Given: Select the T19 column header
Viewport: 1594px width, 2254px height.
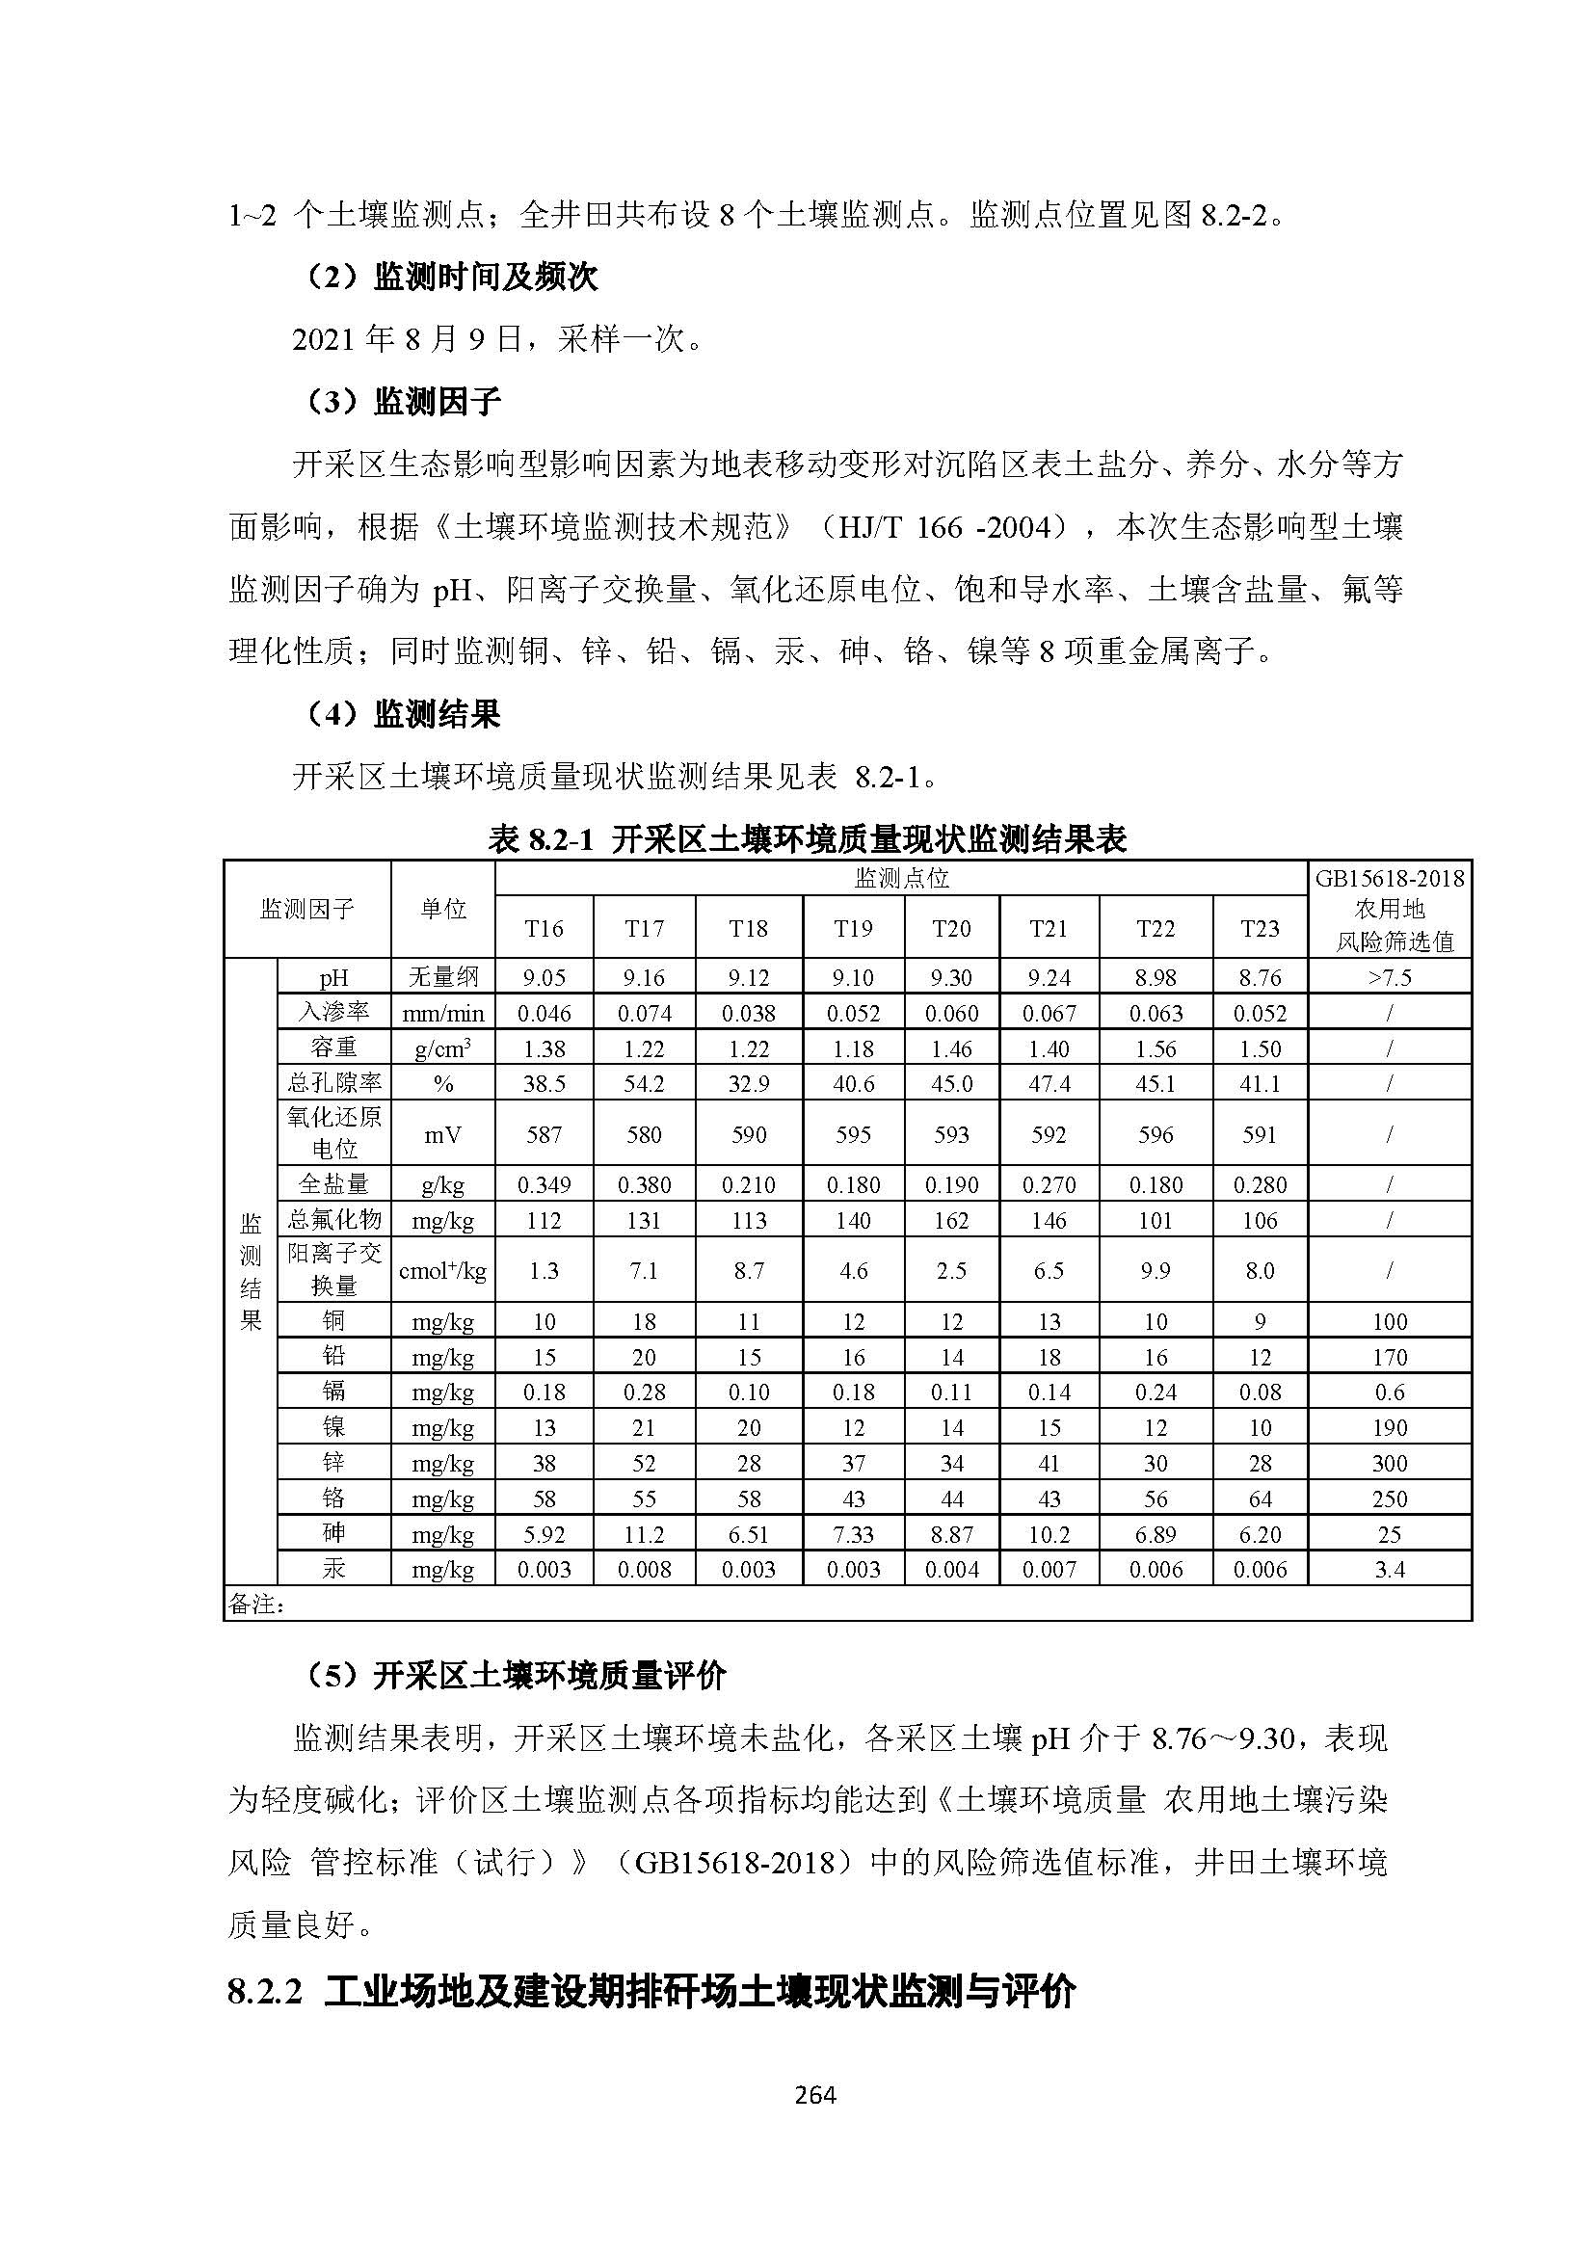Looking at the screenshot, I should click(853, 929).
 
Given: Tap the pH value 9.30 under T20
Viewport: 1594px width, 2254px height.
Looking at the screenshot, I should click(951, 978).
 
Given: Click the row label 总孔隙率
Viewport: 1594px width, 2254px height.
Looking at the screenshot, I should click(333, 1083).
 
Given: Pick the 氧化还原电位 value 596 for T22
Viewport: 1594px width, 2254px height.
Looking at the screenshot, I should click(1156, 1135).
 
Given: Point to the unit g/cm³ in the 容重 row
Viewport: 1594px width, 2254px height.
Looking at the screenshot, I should click(442, 1048).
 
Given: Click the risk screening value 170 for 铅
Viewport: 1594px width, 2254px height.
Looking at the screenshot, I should click(1390, 1357).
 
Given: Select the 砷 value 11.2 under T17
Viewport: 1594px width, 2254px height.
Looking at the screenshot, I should click(644, 1533).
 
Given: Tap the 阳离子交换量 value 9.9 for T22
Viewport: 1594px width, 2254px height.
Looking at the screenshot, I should click(1156, 1270).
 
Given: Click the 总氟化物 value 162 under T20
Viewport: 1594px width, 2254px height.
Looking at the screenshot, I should click(951, 1220).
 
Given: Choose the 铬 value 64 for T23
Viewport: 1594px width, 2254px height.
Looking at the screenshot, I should click(1260, 1498).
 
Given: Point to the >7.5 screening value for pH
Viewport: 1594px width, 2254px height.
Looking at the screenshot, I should click(1390, 978).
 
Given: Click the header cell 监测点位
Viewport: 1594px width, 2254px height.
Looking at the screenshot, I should click(901, 878).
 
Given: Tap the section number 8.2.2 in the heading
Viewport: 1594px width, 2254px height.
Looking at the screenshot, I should click(264, 1990).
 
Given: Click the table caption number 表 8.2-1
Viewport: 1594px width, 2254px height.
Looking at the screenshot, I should click(541, 839).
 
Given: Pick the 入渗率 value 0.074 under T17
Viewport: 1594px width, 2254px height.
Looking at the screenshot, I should click(644, 1013).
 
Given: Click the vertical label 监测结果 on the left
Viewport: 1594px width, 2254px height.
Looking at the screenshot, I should click(252, 1271).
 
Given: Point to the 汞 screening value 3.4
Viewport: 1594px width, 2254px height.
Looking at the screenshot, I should click(1390, 1569).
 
